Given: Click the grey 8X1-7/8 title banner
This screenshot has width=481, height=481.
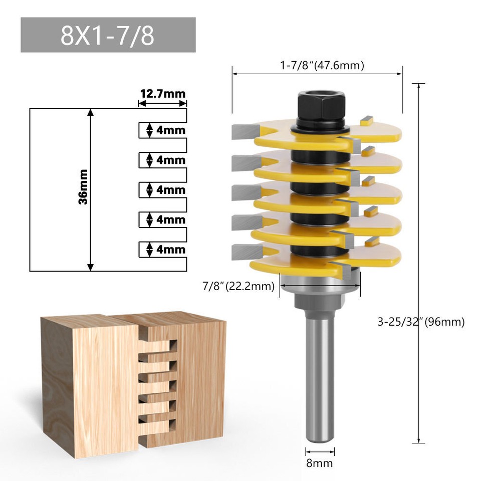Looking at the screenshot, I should tap(108, 35).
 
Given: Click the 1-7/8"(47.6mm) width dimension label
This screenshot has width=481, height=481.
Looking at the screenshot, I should tap(322, 65).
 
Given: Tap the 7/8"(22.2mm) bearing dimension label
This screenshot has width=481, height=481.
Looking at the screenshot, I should tap(238, 287).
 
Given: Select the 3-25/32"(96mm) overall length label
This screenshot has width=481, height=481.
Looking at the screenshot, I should tap(421, 322).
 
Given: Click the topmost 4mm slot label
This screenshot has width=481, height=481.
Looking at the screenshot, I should tap(171, 130).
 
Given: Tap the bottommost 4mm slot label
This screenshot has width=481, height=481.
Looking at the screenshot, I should tap(171, 250).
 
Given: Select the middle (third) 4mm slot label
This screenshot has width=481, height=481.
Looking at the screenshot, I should tap(171, 190).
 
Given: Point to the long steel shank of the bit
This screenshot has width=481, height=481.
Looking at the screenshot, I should tap(320, 381).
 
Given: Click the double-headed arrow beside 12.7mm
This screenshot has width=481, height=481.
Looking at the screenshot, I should tap(162, 103).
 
